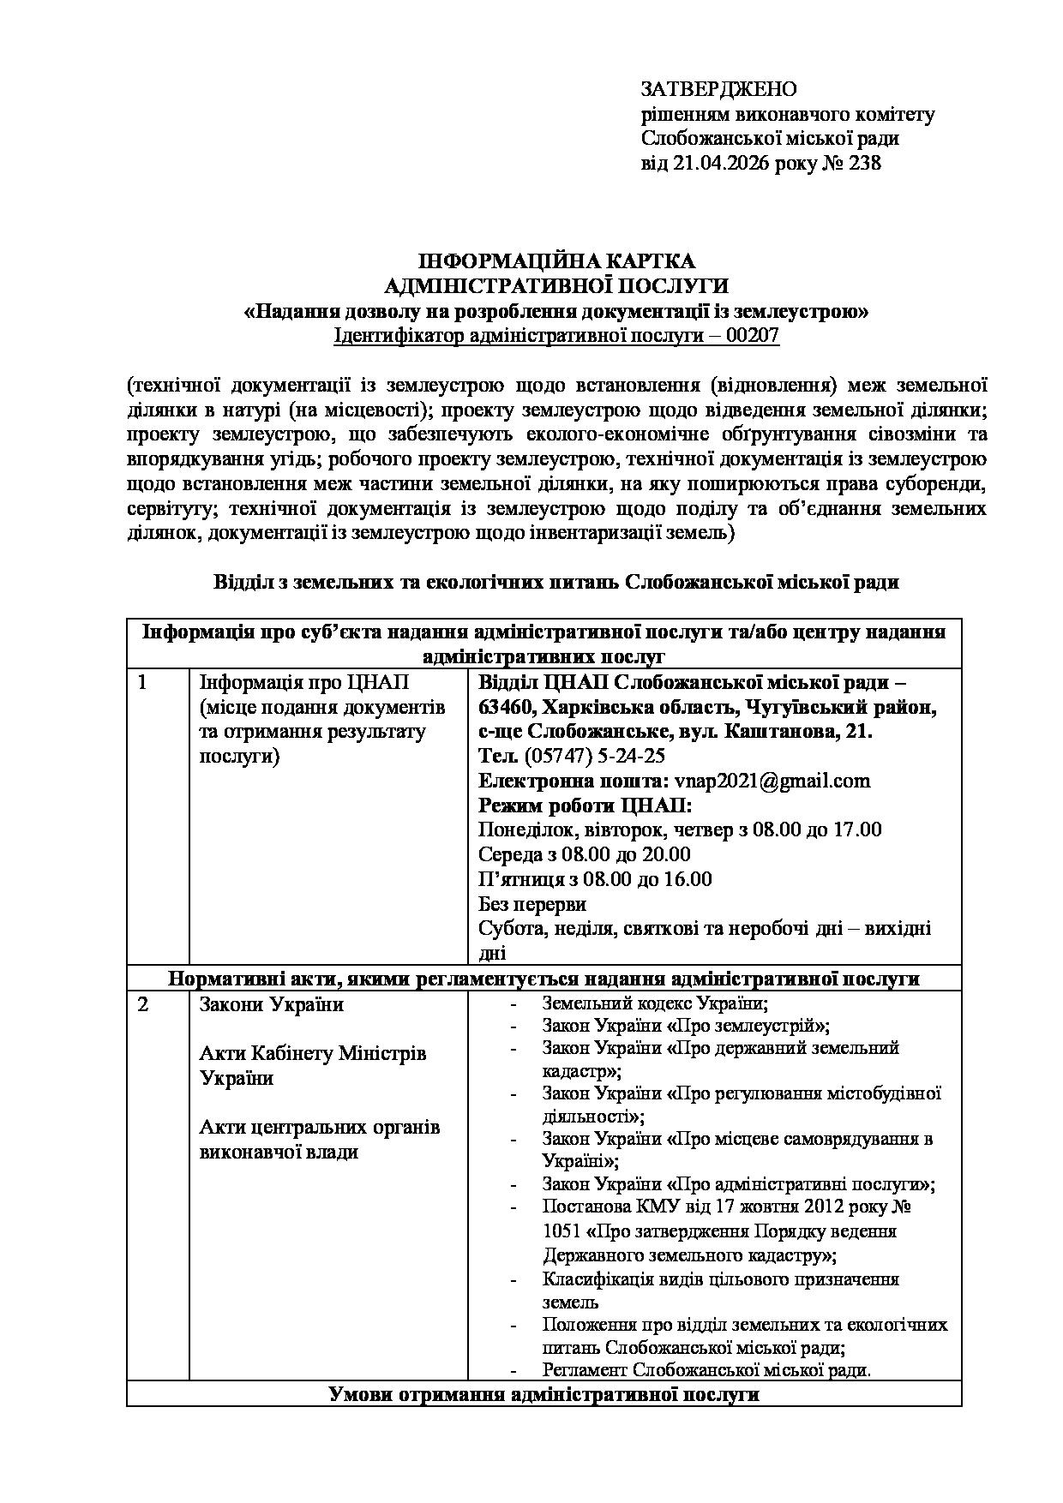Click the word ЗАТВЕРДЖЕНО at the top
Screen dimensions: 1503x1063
pyautogui.click(x=718, y=89)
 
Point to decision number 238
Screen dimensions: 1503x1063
pyautogui.click(x=864, y=163)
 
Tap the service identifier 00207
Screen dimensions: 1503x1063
pyautogui.click(x=752, y=336)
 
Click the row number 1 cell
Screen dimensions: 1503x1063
pyautogui.click(x=142, y=683)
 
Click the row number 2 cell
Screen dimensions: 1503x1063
pyautogui.click(x=142, y=1004)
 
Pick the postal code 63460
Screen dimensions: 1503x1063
pyautogui.click(x=507, y=708)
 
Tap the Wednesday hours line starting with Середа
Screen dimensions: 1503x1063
pyautogui.click(x=585, y=854)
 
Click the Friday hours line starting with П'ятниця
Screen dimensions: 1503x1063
pyautogui.click(x=595, y=879)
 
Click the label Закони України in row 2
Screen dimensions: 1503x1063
pyautogui.click(x=271, y=1004)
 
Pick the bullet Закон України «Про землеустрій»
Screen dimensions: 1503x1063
pyautogui.click(x=686, y=1026)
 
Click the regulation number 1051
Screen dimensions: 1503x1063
pyautogui.click(x=561, y=1231)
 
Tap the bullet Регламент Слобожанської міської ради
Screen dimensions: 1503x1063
pyautogui.click(x=706, y=1370)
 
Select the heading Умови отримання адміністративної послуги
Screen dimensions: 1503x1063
pyautogui.click(x=544, y=1394)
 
